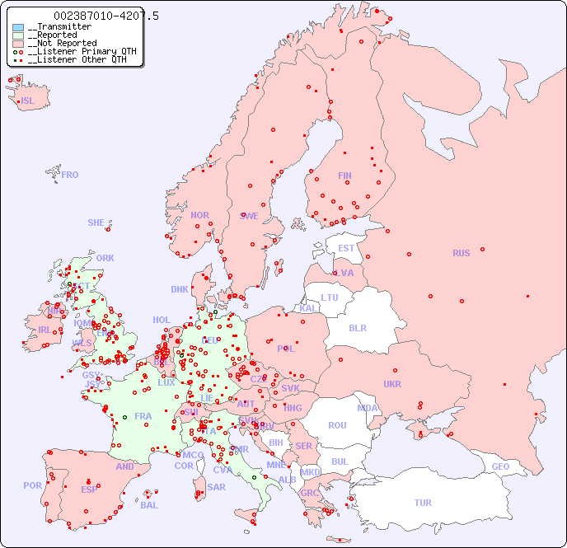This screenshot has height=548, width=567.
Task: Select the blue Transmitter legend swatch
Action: pos(18,27)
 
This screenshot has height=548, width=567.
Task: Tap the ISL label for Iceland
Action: pos(27,101)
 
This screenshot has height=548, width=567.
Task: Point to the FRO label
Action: pos(70,175)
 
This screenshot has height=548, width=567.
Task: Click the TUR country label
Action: pos(423,503)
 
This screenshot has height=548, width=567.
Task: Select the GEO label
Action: pos(500,466)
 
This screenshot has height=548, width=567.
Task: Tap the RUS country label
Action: pos(461,253)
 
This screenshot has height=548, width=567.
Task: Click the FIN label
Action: pos(344,176)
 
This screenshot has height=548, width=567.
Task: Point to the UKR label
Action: pos(392,384)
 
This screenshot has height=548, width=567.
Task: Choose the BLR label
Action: pos(357,327)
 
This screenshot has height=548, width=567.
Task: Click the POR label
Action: pos(32,485)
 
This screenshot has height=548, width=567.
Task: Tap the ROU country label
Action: pos(337,425)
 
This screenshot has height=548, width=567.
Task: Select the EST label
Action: pos(346,248)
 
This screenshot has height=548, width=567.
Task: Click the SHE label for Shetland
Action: pos(96,222)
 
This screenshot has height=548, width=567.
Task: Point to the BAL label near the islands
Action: pos(149,505)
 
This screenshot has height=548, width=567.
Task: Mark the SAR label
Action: pos(216,487)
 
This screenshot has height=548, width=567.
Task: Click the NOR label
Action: pos(199,215)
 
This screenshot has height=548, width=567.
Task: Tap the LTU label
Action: pos(330,297)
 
